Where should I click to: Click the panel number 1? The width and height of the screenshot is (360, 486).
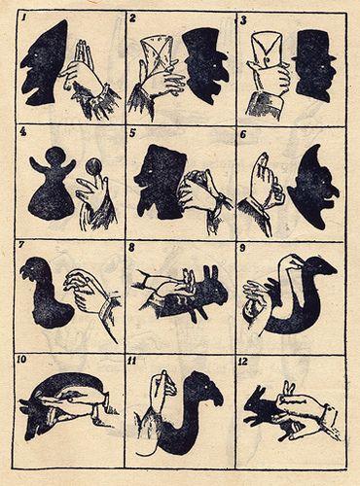pyautogui.click(x=23, y=17)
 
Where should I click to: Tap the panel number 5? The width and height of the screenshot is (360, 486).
pyautogui.click(x=131, y=133)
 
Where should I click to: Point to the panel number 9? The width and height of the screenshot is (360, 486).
pyautogui.click(x=242, y=248)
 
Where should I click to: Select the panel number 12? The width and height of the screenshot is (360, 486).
pyautogui.click(x=243, y=362)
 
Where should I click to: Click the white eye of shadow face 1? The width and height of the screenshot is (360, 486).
pyautogui.click(x=35, y=57)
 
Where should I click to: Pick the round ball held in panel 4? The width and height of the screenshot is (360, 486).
pyautogui.click(x=93, y=166)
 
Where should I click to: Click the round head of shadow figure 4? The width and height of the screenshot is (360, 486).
pyautogui.click(x=54, y=156)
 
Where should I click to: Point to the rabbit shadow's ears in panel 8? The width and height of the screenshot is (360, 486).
pyautogui.click(x=210, y=273)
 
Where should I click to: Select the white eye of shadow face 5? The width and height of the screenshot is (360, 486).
pyautogui.click(x=150, y=171)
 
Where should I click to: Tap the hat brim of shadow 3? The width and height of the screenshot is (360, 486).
pyautogui.click(x=313, y=58)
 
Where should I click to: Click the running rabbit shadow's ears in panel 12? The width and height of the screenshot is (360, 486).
pyautogui.click(x=259, y=392)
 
